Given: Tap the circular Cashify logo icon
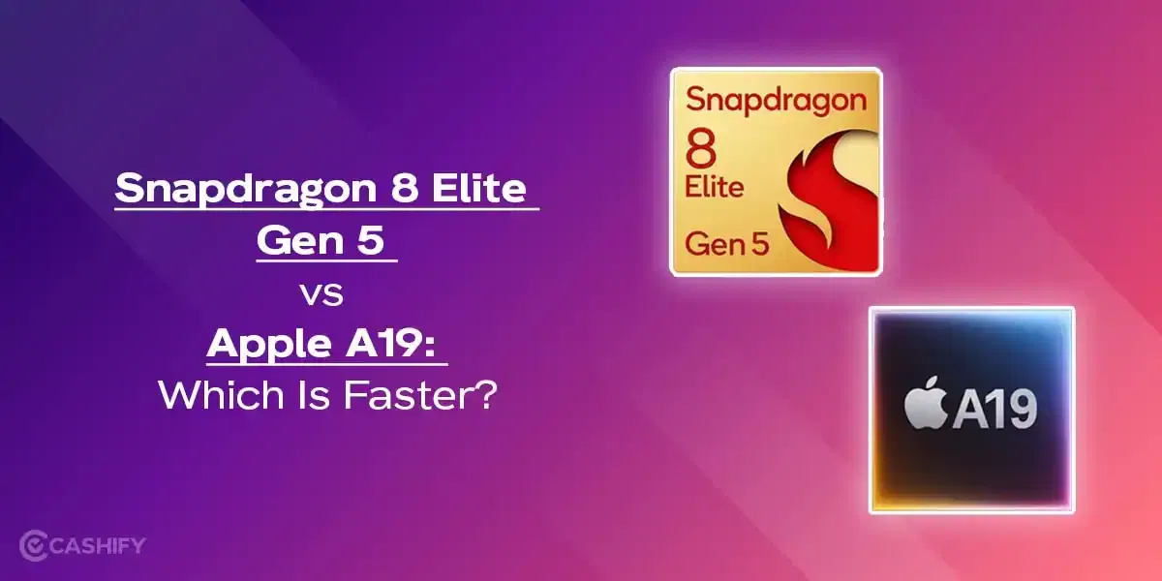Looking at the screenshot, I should pyautogui.click(x=36, y=545).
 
